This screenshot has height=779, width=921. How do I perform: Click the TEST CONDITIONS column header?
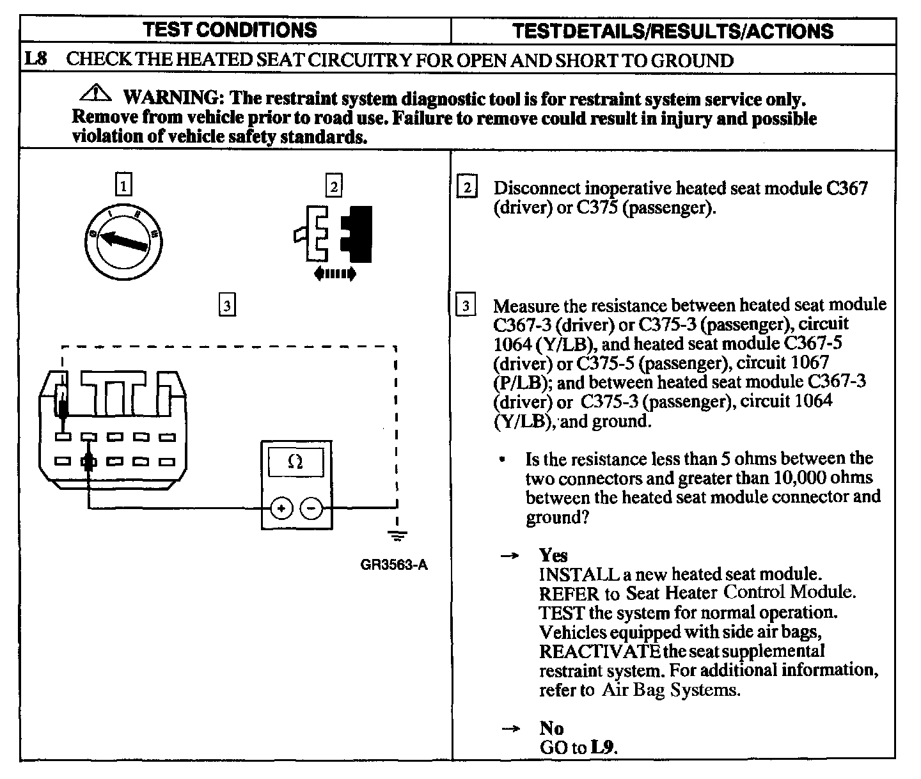[230, 29]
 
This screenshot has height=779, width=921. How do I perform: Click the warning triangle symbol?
[95, 95]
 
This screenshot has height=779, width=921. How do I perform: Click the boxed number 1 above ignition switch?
[123, 185]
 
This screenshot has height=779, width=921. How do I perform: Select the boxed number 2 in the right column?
[468, 188]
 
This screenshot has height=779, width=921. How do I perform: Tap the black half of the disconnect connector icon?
[357, 234]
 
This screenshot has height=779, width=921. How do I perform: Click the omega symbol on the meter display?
[295, 462]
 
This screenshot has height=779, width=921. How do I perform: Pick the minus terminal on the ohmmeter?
[311, 509]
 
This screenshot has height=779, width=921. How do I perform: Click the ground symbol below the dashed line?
[397, 537]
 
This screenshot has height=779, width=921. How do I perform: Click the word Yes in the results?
[553, 555]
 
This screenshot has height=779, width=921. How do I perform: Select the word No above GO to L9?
[551, 728]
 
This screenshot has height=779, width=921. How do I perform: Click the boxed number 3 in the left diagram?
[226, 304]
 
